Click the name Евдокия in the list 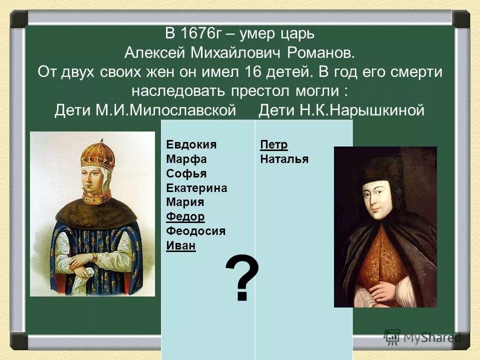(191, 145)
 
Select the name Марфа (186, 159)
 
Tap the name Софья (186, 174)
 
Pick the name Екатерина (196, 188)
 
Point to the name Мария (184, 202)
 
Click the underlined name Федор (185, 217)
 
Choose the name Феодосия (195, 231)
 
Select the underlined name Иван (180, 246)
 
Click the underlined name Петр (274, 145)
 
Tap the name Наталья (284, 159)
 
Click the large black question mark (242, 278)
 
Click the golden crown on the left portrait (98, 155)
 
